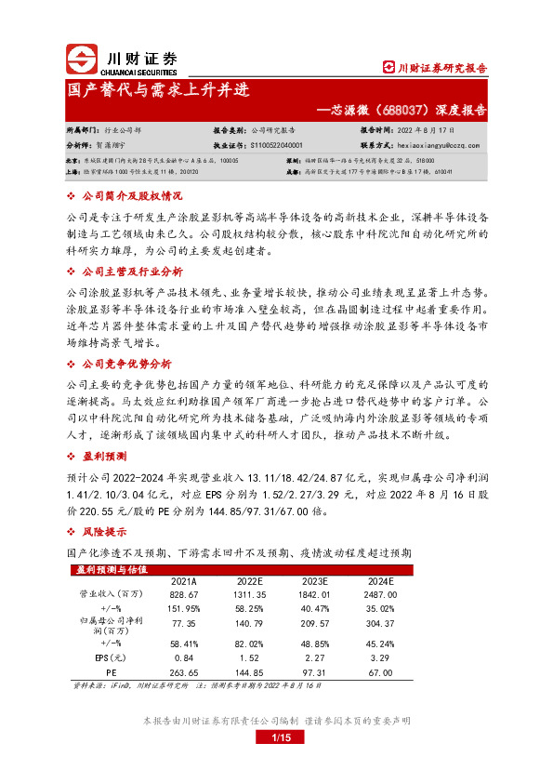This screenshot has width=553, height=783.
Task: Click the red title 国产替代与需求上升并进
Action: point(158,93)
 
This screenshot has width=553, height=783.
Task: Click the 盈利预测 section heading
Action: point(104,457)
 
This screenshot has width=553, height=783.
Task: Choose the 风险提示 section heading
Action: point(104,533)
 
